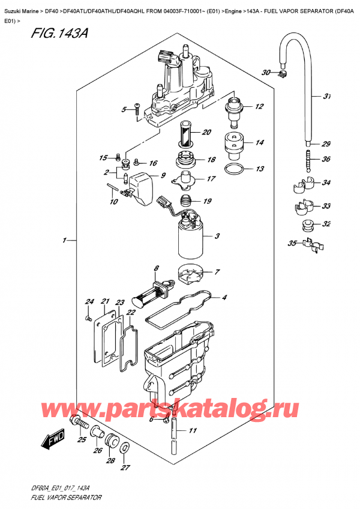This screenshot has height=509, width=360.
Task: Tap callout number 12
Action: pyautogui.click(x=259, y=107)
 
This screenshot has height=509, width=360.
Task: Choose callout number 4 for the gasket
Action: pyautogui.click(x=224, y=297)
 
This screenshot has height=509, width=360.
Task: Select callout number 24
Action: pyautogui.click(x=89, y=301)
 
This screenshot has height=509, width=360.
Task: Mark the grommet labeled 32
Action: pyautogui.click(x=307, y=226)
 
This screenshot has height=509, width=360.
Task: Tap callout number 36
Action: pyautogui.click(x=326, y=160)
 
